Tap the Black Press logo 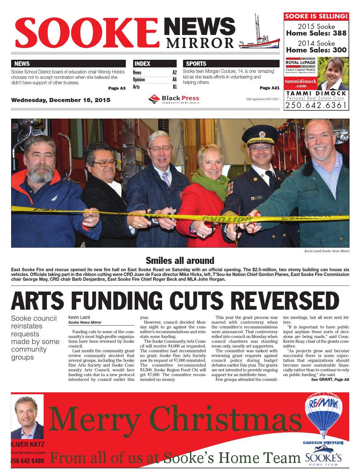[173, 99]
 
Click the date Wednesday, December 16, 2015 [61, 100]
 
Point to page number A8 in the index [174, 80]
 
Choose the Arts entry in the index [136, 87]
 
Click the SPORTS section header [196, 64]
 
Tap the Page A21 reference [269, 88]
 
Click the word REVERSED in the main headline [285, 300]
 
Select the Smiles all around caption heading [180, 261]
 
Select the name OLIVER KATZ [27, 444]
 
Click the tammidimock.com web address [300, 83]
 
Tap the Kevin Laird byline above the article [79, 317]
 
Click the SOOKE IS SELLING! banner [316, 16]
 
